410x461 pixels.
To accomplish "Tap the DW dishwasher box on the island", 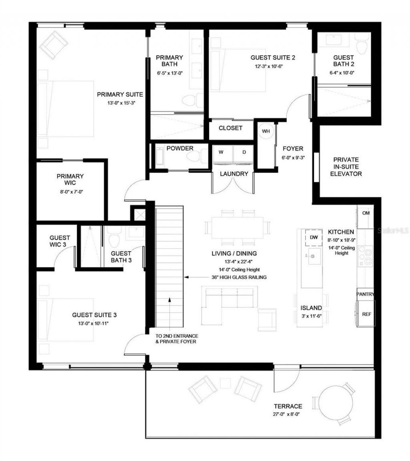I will pos(314,237).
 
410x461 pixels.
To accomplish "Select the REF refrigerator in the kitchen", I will pos(366,314).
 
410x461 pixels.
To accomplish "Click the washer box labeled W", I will pos(221,152).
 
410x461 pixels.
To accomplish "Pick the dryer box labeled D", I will pos(244,152).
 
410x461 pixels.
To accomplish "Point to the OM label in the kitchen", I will pos(366,213).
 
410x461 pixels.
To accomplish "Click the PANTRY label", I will pos(366,294).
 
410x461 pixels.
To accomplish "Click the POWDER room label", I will pos(180,148).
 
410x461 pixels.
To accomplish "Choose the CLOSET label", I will pos(230,128).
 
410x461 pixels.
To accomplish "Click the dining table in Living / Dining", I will pos(237,228).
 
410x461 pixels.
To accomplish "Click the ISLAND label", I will pos(311,308).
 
